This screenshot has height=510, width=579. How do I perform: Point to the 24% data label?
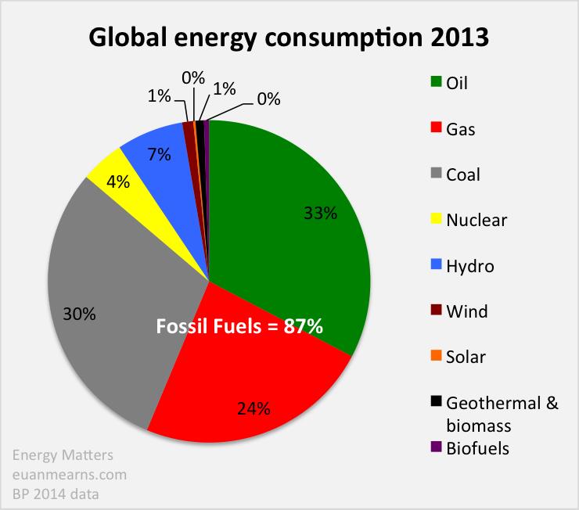pyautogui.click(x=254, y=408)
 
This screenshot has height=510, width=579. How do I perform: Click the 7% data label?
pyautogui.click(x=159, y=154)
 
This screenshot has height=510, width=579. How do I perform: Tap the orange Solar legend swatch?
pyautogui.click(x=436, y=357)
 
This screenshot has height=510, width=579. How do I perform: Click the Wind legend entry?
pyautogui.click(x=466, y=311)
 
